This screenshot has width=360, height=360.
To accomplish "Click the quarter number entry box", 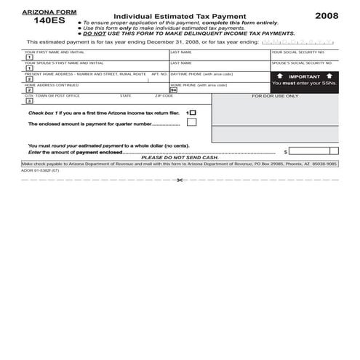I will (191, 123).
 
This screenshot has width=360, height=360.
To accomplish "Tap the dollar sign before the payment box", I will (286, 152).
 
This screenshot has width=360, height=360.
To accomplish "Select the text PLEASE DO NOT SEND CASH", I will (180, 158).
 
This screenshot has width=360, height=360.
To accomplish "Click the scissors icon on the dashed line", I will (180, 180).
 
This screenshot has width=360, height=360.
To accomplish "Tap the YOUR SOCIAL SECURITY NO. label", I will (298, 52).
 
